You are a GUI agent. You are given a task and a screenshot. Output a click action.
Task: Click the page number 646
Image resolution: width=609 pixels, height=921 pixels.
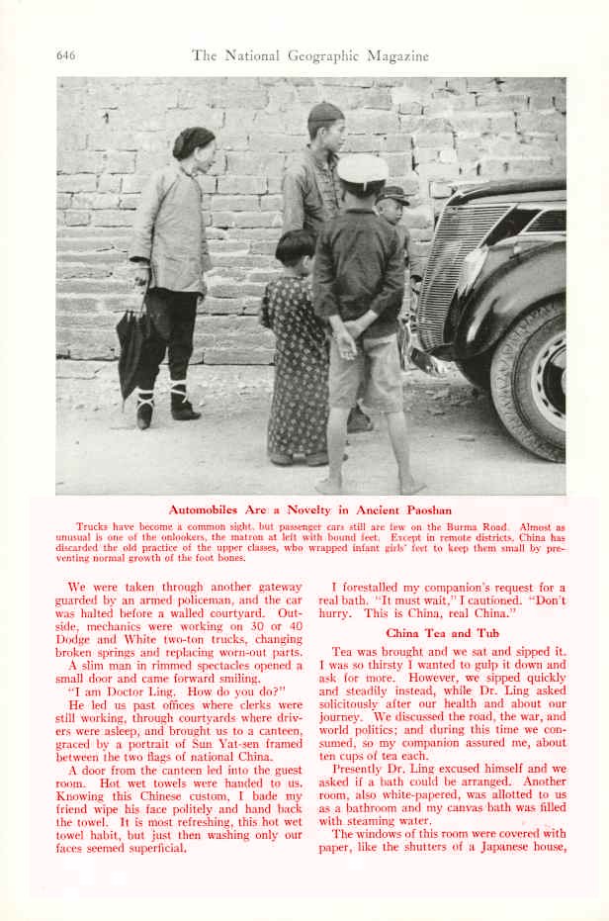click(65, 55)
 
